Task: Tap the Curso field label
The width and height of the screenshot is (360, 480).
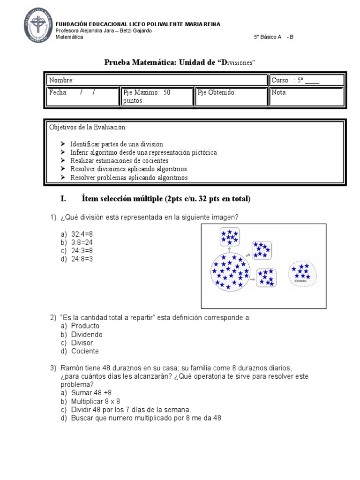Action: click(x=280, y=81)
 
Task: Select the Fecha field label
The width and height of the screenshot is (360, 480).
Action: click(x=59, y=92)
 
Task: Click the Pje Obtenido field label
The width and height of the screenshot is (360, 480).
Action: click(x=217, y=92)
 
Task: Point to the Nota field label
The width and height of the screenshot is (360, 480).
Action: click(x=279, y=92)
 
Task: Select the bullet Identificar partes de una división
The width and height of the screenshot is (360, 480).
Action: click(x=116, y=144)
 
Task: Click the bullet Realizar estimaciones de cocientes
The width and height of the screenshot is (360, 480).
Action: click(x=120, y=161)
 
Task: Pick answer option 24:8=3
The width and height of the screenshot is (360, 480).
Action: click(x=82, y=258)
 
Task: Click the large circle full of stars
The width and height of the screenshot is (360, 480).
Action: click(x=230, y=271)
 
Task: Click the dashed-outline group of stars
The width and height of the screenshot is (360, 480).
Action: click(x=302, y=273)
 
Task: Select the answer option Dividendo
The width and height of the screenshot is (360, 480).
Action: click(x=87, y=335)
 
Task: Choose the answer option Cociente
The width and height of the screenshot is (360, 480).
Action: click(x=85, y=351)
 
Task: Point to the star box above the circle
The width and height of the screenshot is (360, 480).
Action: click(x=230, y=237)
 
